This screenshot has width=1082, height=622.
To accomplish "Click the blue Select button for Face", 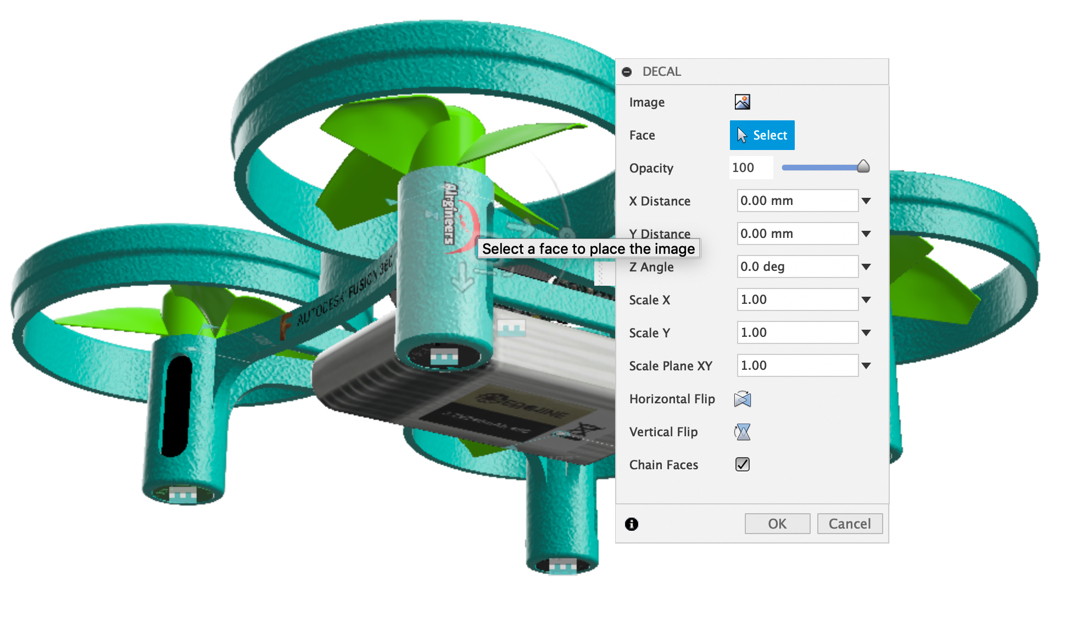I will pos(762,135).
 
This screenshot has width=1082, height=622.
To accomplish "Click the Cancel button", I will pos(849,524).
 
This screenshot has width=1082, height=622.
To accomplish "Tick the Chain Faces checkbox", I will pos(742,464).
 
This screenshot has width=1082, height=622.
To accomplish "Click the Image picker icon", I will pos(742,102).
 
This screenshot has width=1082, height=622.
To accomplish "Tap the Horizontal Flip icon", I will pos(742,399).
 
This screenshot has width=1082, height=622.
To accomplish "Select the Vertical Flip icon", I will pos(742,432).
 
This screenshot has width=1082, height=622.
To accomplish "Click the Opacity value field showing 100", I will pos(750,168).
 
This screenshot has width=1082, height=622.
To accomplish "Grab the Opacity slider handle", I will pos(863,167).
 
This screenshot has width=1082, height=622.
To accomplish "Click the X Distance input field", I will pos(797,201).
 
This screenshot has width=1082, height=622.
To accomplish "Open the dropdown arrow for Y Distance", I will pos(866,234).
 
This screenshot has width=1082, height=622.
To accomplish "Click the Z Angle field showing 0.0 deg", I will pos(797,266).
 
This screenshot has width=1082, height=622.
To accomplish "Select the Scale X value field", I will pos(797,299).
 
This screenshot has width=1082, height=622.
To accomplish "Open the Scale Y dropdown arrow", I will pos(866,332).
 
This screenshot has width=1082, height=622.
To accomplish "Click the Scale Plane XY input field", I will pos(797,365).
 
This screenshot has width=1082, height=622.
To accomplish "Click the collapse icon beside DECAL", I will pos(627,72).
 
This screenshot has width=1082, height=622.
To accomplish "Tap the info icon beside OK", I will pos(632,524).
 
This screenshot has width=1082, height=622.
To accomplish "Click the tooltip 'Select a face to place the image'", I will pos(588,249).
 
